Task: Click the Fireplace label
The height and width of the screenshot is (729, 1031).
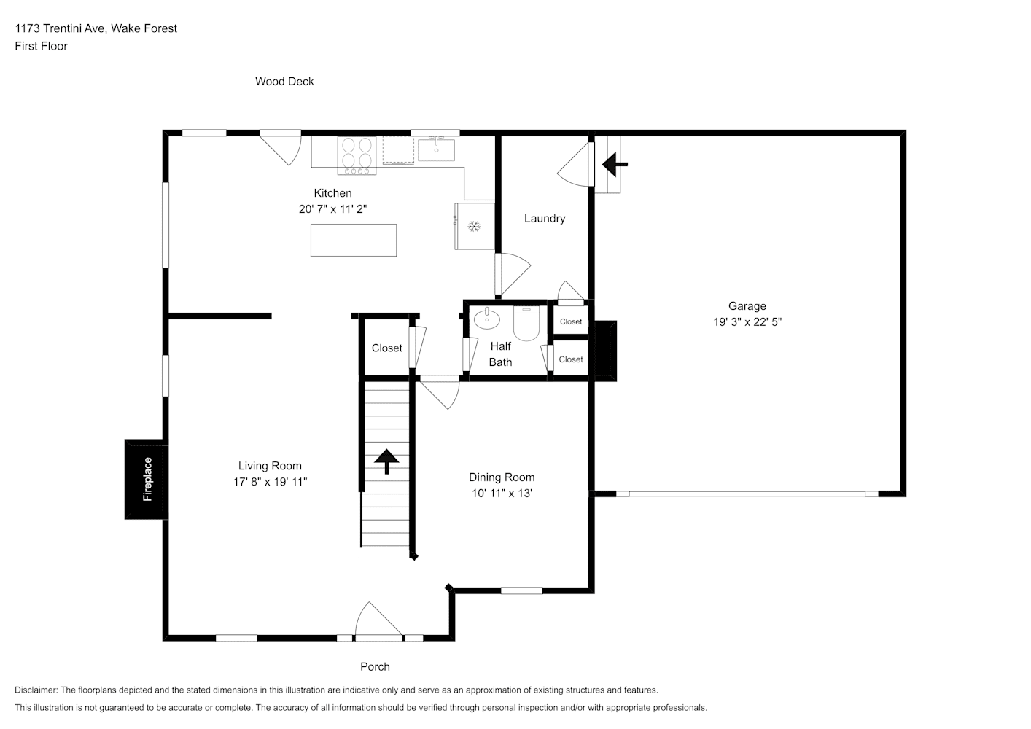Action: pyautogui.click(x=147, y=479)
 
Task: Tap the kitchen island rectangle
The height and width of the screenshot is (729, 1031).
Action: pyautogui.click(x=354, y=240)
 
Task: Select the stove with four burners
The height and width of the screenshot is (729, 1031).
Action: pyautogui.click(x=357, y=155)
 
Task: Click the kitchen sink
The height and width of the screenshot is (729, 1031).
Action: pyautogui.click(x=436, y=149)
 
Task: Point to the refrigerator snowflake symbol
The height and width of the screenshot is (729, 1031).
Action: pyautogui.click(x=474, y=226)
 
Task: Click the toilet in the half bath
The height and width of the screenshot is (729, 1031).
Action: pyautogui.click(x=526, y=323)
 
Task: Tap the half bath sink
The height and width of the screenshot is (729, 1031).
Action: pyautogui.click(x=486, y=319)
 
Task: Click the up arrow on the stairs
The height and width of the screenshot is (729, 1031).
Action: pyautogui.click(x=386, y=461)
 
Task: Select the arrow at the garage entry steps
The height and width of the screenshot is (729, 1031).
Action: pyautogui.click(x=615, y=164)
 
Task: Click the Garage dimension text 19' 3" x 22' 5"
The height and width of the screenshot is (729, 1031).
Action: pyautogui.click(x=747, y=321)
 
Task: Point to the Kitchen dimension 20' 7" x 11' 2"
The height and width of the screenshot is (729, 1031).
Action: pyautogui.click(x=332, y=209)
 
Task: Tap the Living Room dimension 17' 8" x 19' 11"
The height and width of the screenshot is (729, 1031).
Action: pyautogui.click(x=271, y=481)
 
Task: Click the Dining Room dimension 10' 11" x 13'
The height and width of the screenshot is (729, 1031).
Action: pyautogui.click(x=502, y=493)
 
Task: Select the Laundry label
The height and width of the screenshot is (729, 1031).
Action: pyautogui.click(x=545, y=218)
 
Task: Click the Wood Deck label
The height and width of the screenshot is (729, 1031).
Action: pyautogui.click(x=284, y=82)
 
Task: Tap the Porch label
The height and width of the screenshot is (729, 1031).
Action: pyautogui.click(x=375, y=666)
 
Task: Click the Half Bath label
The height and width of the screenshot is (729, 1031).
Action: pyautogui.click(x=500, y=354)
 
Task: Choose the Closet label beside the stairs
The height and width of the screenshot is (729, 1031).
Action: pyautogui.click(x=386, y=348)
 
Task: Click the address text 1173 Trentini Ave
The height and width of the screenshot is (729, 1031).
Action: pyautogui.click(x=61, y=28)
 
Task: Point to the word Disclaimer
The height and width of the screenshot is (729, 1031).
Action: pyautogui.click(x=36, y=690)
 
